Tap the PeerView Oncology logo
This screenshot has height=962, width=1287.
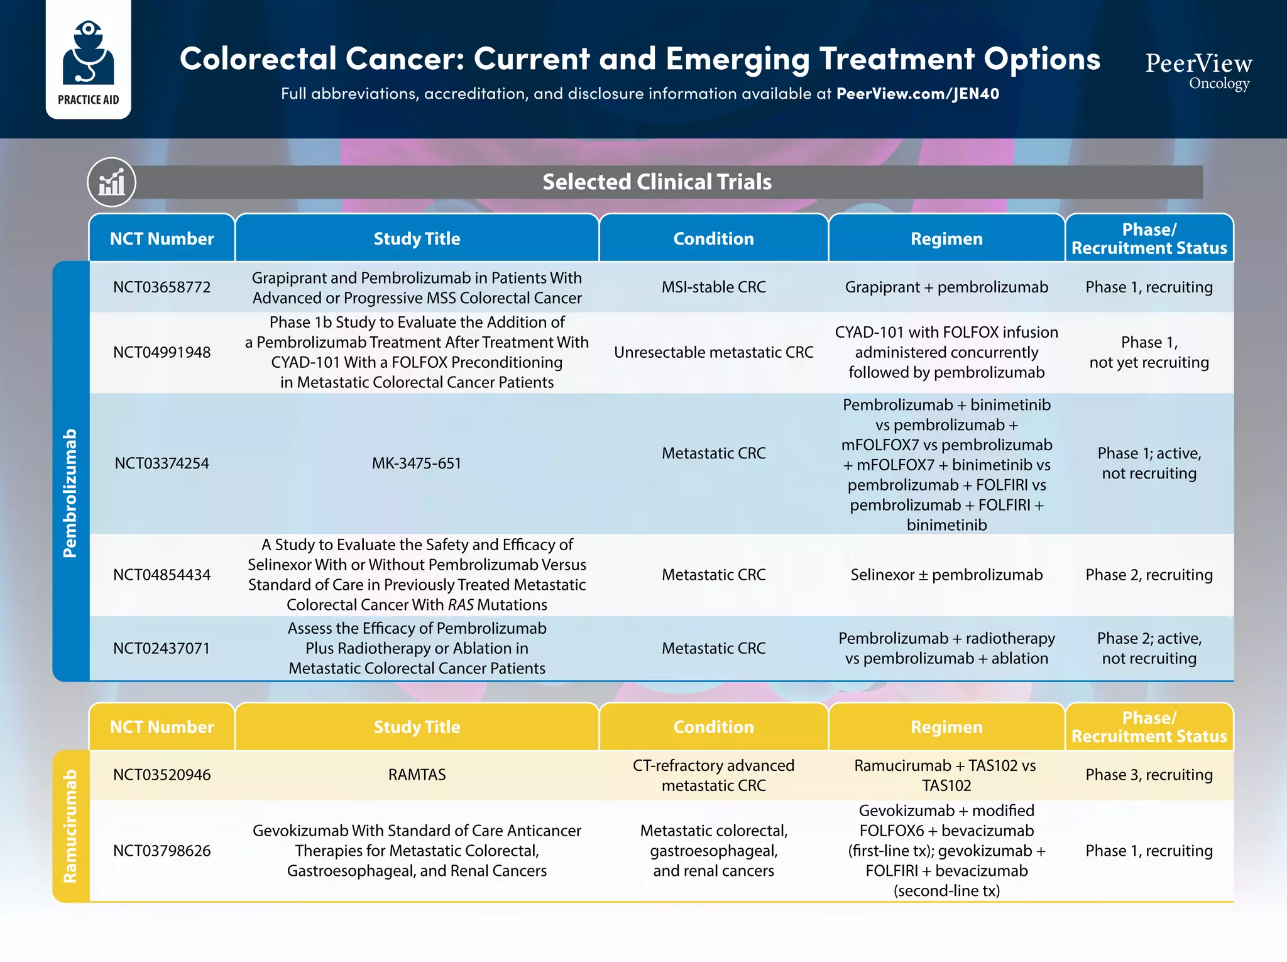pyautogui.click(x=1198, y=70)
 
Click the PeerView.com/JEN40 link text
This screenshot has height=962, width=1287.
pyautogui.click(x=917, y=94)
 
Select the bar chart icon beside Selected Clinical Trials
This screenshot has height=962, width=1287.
pyautogui.click(x=111, y=182)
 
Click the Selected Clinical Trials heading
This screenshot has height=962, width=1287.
pyautogui.click(x=657, y=182)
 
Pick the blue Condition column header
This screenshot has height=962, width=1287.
pyautogui.click(x=713, y=239)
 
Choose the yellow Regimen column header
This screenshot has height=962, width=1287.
pyautogui.click(x=946, y=727)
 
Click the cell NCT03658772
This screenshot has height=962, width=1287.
pyautogui.click(x=162, y=287)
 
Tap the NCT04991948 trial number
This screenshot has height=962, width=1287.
pyautogui.click(x=162, y=352)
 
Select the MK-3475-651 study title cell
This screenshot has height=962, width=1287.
pyautogui.click(x=416, y=463)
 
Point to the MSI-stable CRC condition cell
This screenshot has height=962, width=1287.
pyautogui.click(x=713, y=287)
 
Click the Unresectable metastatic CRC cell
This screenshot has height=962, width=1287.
pyautogui.click(x=713, y=352)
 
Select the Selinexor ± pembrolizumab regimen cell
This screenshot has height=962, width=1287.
pyautogui.click(x=946, y=575)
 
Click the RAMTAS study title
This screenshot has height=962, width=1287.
pyautogui.click(x=416, y=775)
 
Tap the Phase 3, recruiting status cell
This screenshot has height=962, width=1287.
pyautogui.click(x=1149, y=775)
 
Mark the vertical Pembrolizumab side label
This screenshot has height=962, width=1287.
pyautogui.click(x=70, y=493)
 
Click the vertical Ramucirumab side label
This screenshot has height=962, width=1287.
pyautogui.click(x=70, y=826)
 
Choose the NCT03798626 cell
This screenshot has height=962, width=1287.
pyautogui.click(x=162, y=851)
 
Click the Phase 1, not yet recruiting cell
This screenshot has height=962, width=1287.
pyautogui.click(x=1149, y=352)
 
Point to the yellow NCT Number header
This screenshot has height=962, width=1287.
pyautogui.click(x=162, y=727)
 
